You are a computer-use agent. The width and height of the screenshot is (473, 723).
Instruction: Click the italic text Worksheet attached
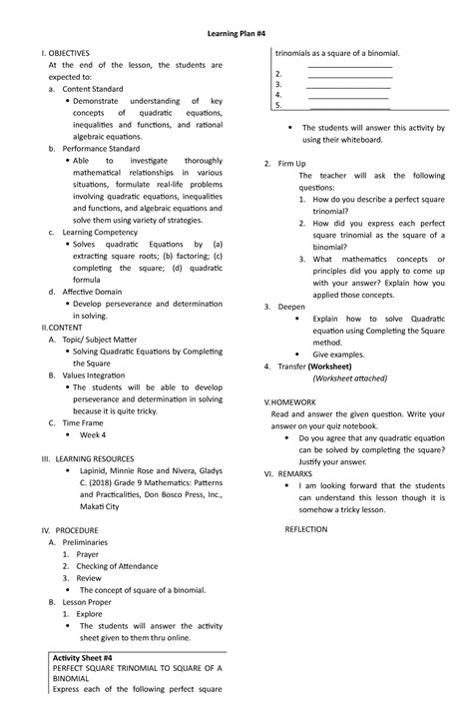pos(349,378)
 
